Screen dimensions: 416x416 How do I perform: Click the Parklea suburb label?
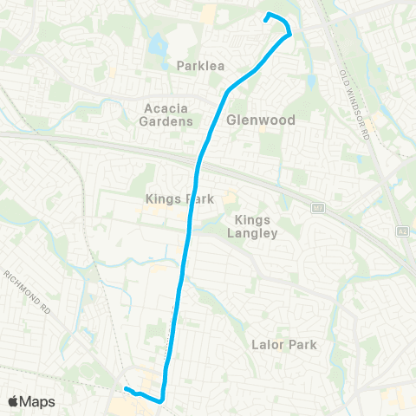[x=201, y=65]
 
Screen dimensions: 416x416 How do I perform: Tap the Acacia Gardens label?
[x=166, y=114]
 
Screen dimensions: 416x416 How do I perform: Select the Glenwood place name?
[x=260, y=120]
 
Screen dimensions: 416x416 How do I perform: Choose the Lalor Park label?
[x=284, y=345]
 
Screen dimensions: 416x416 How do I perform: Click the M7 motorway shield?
[x=317, y=209]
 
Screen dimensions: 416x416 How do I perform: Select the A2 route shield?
[x=402, y=232]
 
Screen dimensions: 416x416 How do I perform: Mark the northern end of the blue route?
[x=266, y=16]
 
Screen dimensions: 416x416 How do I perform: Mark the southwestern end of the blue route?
[x=126, y=389]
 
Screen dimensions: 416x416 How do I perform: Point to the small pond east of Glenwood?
[x=311, y=82]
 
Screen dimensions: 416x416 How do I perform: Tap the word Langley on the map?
[x=258, y=233]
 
